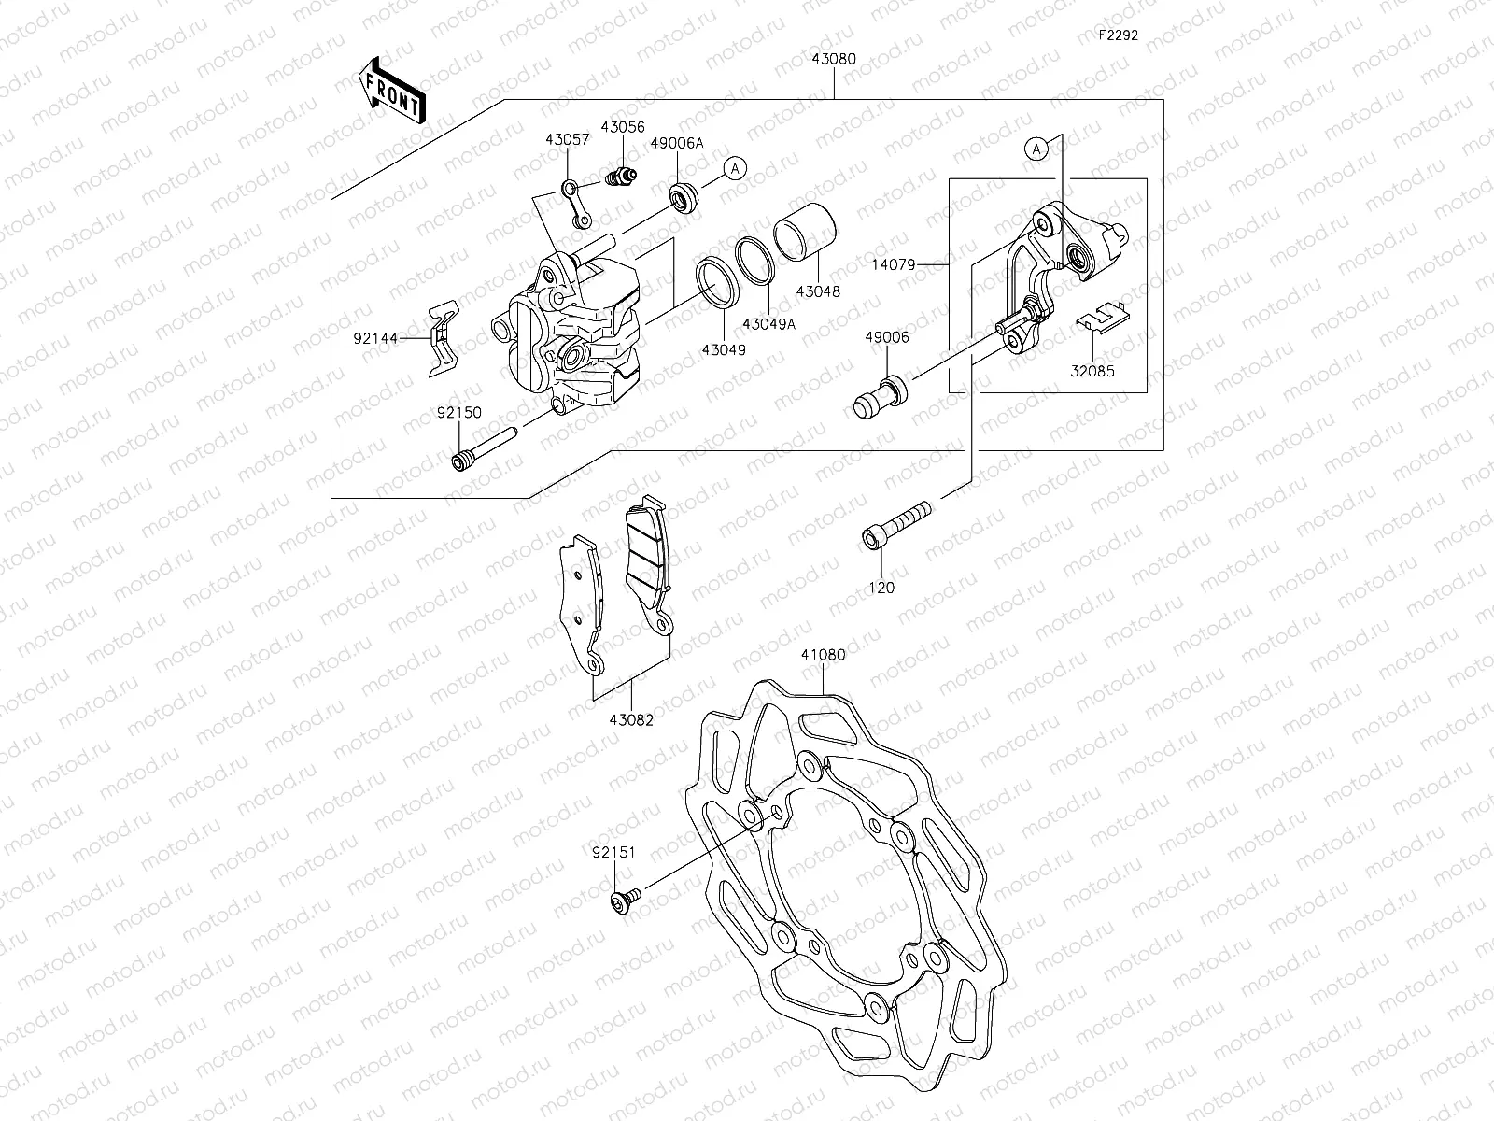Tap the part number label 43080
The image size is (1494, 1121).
coord(834,59)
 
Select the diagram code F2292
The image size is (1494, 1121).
coord(1117,35)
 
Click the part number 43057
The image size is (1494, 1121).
coord(568,139)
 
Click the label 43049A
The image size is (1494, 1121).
coord(768,323)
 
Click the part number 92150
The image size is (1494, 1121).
coord(458,411)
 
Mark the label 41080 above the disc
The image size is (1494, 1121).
coord(823,655)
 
